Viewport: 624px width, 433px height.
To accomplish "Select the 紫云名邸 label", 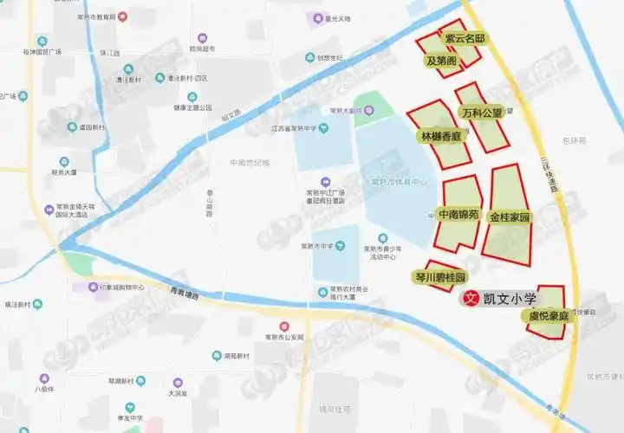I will click(x=465, y=40).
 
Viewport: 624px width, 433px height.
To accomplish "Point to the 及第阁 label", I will click(x=441, y=61).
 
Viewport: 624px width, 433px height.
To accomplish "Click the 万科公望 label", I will click(x=481, y=113).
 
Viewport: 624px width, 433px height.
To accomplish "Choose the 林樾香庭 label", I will click(x=440, y=137).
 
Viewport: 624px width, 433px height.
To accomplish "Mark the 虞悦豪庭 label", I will click(x=549, y=317).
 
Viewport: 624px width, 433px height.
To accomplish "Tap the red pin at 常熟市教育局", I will click(x=122, y=16).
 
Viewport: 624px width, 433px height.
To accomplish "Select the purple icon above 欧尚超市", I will click(x=202, y=38).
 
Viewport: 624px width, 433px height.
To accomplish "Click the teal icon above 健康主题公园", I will click(x=192, y=97).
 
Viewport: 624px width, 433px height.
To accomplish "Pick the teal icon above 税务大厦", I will click(x=64, y=162).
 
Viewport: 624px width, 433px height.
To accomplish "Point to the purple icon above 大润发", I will click(x=178, y=382).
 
